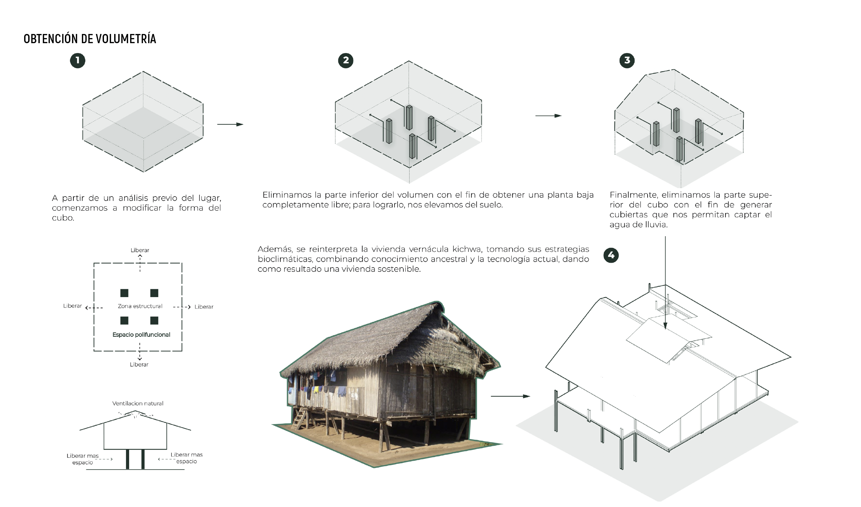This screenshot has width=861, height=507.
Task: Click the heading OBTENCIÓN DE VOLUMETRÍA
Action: point(90,39)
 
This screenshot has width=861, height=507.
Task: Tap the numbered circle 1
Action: point(77,60)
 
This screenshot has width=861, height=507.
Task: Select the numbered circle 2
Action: point(346,60)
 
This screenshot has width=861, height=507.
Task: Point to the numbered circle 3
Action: point(627,60)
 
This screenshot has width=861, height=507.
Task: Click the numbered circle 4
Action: point(611,255)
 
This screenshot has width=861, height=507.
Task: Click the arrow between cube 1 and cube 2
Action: point(230,124)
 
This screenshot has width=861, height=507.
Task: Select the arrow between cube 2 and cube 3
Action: point(548,116)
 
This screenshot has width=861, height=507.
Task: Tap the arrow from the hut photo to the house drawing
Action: point(510,396)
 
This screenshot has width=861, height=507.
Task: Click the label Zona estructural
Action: point(140,306)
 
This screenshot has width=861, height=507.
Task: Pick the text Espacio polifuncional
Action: point(141,335)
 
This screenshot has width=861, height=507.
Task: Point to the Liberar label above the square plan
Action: point(140,250)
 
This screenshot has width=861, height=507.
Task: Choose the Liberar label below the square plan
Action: point(139,365)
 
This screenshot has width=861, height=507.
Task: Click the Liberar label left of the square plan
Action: point(72,306)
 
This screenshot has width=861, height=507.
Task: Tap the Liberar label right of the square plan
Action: point(204,307)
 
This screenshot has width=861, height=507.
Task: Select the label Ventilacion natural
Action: point(138,403)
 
